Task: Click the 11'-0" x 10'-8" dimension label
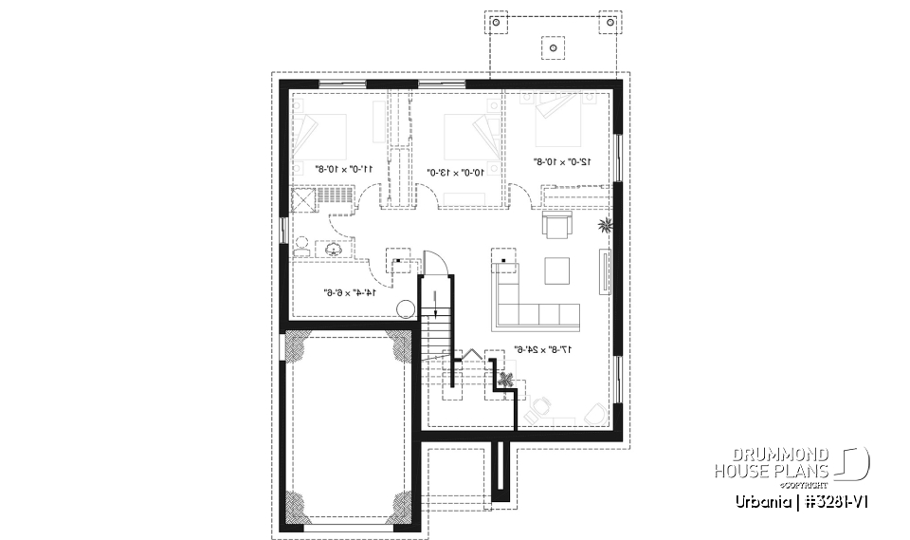pos(343,169)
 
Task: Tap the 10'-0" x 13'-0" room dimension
pos(457,173)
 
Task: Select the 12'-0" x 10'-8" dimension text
pos(562,162)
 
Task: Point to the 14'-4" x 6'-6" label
pos(351,292)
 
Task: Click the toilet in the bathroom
pos(301,247)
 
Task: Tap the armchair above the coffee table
pos(555,226)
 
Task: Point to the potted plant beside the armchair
pos(604,226)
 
